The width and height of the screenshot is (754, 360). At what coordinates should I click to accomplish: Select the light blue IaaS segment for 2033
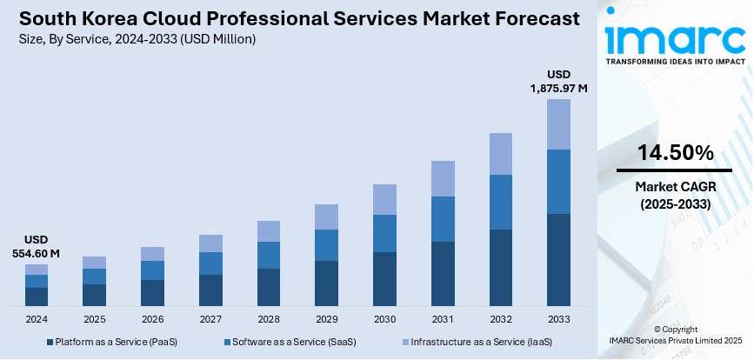[558, 124]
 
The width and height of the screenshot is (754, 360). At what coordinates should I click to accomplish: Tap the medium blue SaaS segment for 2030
[384, 233]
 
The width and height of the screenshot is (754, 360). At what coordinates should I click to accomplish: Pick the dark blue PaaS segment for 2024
[37, 297]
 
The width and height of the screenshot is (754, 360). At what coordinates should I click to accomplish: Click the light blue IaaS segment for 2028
[269, 230]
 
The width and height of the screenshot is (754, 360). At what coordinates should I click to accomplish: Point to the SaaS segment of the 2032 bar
[500, 202]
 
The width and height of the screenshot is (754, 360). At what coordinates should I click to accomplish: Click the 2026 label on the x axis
[152, 319]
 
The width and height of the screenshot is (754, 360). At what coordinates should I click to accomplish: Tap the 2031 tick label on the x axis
[443, 319]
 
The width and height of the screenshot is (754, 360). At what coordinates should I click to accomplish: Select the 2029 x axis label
[326, 319]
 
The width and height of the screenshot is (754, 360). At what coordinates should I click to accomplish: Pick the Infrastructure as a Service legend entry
[474, 343]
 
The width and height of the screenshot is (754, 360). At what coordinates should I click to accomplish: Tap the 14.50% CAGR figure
[675, 153]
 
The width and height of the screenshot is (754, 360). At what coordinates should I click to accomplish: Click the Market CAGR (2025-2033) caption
[675, 196]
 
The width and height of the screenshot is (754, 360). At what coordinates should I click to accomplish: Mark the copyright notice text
[675, 336]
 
